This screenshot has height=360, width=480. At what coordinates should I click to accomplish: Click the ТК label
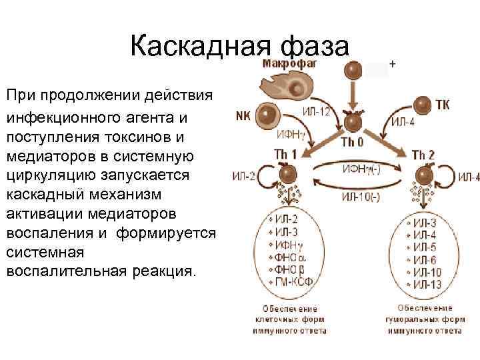pos(443,105)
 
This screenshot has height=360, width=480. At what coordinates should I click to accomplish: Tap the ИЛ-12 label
pos(316,111)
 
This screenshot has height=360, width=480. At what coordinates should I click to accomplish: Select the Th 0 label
pos(352,141)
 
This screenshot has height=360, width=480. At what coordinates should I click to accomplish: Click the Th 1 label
pos(285,155)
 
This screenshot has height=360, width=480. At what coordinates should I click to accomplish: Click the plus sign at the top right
pos(392,65)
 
